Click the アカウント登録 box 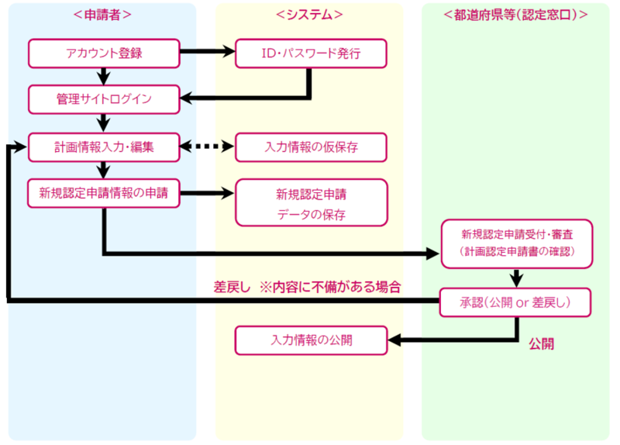click(x=104, y=53)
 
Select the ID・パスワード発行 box click(x=310, y=53)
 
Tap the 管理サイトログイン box click(x=104, y=98)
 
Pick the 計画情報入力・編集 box click(x=104, y=146)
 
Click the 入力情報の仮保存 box click(x=310, y=146)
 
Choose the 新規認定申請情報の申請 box click(x=104, y=193)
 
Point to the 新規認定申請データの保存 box click(x=310, y=202)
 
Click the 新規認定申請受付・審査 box click(x=515, y=242)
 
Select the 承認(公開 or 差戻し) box click(x=515, y=302)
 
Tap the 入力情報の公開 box click(x=310, y=340)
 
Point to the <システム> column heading click(x=309, y=15)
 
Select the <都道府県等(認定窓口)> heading click(x=515, y=15)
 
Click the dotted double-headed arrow click(x=207, y=146)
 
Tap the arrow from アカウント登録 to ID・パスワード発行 click(x=207, y=53)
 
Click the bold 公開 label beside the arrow click(x=542, y=342)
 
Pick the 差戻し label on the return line click(x=232, y=286)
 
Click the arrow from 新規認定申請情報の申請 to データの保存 click(x=207, y=193)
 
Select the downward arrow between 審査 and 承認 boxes click(x=515, y=278)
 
